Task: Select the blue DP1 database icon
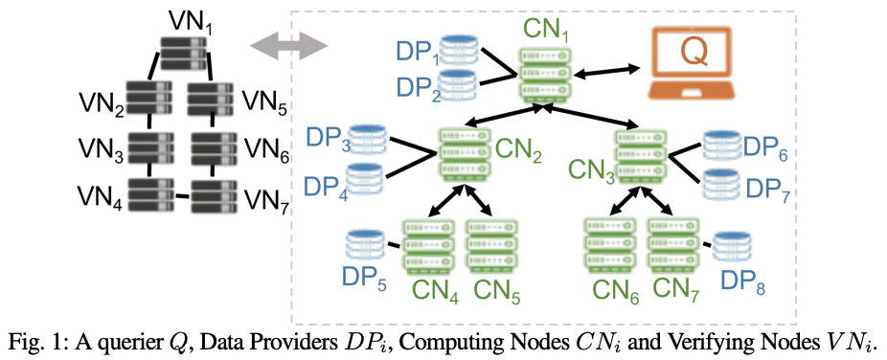point(460,49)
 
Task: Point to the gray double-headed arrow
point(289,45)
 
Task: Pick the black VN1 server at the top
point(182,53)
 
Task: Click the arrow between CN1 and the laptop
point(609,71)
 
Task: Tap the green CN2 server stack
point(464,153)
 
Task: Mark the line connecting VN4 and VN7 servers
point(182,196)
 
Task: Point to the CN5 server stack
point(491,245)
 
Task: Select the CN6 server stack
point(608,245)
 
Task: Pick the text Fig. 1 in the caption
point(33,343)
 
